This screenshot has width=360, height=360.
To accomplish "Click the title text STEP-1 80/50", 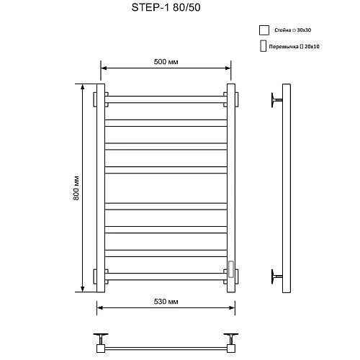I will (x=166, y=11).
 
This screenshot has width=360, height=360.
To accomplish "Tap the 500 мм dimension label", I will (x=166, y=63).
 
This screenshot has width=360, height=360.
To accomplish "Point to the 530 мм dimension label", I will (x=166, y=300).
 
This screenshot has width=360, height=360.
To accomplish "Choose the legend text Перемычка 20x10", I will (x=295, y=48).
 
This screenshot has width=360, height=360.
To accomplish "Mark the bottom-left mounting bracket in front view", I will (x=101, y=276).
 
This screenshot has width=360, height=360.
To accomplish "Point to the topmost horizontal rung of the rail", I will (x=166, y=97).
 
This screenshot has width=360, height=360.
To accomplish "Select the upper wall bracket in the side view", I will (x=274, y=99).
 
